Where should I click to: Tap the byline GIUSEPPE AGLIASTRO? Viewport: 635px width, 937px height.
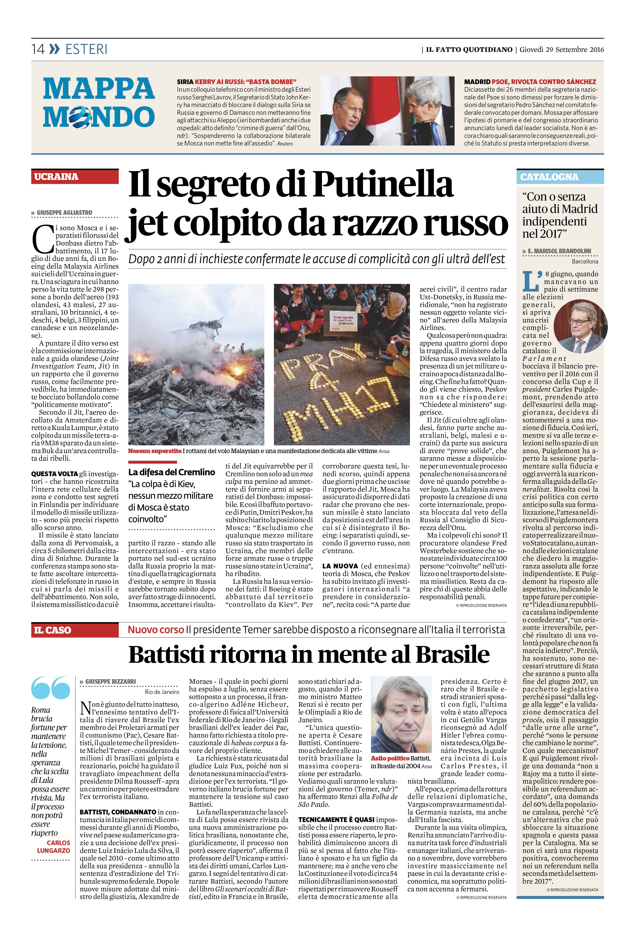tap(65, 213)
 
